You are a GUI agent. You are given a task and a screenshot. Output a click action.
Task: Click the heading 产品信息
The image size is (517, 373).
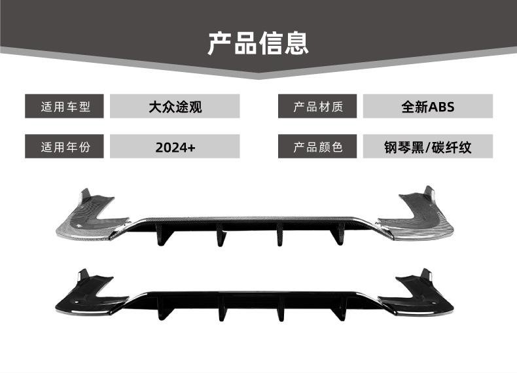(x=258, y=43)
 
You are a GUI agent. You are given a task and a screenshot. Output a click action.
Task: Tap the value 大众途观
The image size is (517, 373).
(x=175, y=107)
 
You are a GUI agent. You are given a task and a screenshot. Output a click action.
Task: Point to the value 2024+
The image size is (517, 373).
(x=175, y=147)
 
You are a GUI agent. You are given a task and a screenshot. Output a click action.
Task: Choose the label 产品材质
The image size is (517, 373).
(x=318, y=107)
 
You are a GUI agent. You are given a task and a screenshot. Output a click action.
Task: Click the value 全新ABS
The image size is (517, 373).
(x=427, y=107)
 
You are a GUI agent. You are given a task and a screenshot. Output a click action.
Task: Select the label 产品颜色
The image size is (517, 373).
(x=318, y=147)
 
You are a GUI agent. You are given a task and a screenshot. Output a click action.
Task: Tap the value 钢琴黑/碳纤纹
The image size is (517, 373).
(x=427, y=147)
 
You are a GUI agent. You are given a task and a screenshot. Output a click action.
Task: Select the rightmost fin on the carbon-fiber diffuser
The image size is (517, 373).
(x=338, y=235)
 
